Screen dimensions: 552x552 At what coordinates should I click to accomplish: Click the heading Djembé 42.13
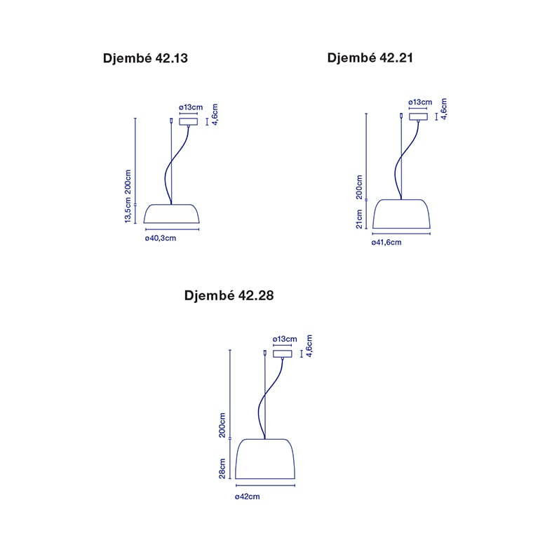(145, 58)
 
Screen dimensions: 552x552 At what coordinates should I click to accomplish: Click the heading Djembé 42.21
(370, 58)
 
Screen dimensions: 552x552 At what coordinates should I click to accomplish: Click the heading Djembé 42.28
(229, 295)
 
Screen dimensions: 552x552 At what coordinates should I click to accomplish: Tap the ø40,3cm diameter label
(161, 238)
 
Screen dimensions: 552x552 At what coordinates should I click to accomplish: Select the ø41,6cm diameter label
(386, 243)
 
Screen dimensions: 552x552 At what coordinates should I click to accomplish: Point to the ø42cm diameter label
(247, 497)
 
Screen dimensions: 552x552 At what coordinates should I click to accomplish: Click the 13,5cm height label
(128, 210)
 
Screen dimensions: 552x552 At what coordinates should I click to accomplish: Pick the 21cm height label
(359, 219)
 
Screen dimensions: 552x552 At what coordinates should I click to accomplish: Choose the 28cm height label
(222, 469)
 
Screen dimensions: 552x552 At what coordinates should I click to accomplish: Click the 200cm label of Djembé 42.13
(128, 182)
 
